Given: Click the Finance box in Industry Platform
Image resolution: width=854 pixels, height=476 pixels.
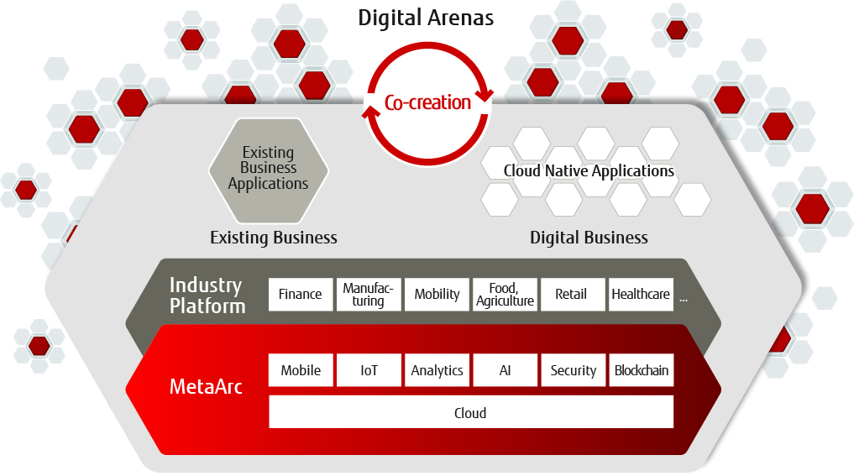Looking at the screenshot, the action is [301, 295].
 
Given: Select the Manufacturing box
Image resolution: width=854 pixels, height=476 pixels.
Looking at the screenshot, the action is [369, 295].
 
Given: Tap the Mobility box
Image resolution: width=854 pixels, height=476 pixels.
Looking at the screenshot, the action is [437, 295].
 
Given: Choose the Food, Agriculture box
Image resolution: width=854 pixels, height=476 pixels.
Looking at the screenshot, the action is [505, 295].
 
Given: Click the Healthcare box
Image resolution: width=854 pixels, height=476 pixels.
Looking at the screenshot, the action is [641, 295].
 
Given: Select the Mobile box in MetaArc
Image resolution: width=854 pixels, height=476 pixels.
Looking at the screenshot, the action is [301, 370].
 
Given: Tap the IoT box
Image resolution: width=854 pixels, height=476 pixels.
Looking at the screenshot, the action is [369, 370].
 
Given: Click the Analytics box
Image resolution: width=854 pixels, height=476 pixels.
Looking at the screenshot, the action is [437, 370].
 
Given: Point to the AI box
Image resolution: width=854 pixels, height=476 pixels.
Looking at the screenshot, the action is [505, 370].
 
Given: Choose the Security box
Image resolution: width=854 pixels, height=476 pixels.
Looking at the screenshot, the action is [573, 370].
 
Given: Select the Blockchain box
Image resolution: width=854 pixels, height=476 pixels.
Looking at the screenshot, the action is [641, 370].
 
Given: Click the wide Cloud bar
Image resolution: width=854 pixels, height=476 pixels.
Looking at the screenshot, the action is [471, 412].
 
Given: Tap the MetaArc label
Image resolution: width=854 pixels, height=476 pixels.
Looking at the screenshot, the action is [206, 387].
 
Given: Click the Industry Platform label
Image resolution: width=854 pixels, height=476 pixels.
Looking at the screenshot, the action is [207, 296].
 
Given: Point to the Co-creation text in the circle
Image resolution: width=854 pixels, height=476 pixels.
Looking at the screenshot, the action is [427, 102].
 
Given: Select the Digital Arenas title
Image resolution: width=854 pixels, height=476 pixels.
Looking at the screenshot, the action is [426, 18].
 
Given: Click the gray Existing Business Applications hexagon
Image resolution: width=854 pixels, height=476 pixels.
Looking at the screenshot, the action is [269, 170].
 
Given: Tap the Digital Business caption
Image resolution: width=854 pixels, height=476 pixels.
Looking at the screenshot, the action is [589, 238].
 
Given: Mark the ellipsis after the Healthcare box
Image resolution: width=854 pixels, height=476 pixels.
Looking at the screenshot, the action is [684, 300].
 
